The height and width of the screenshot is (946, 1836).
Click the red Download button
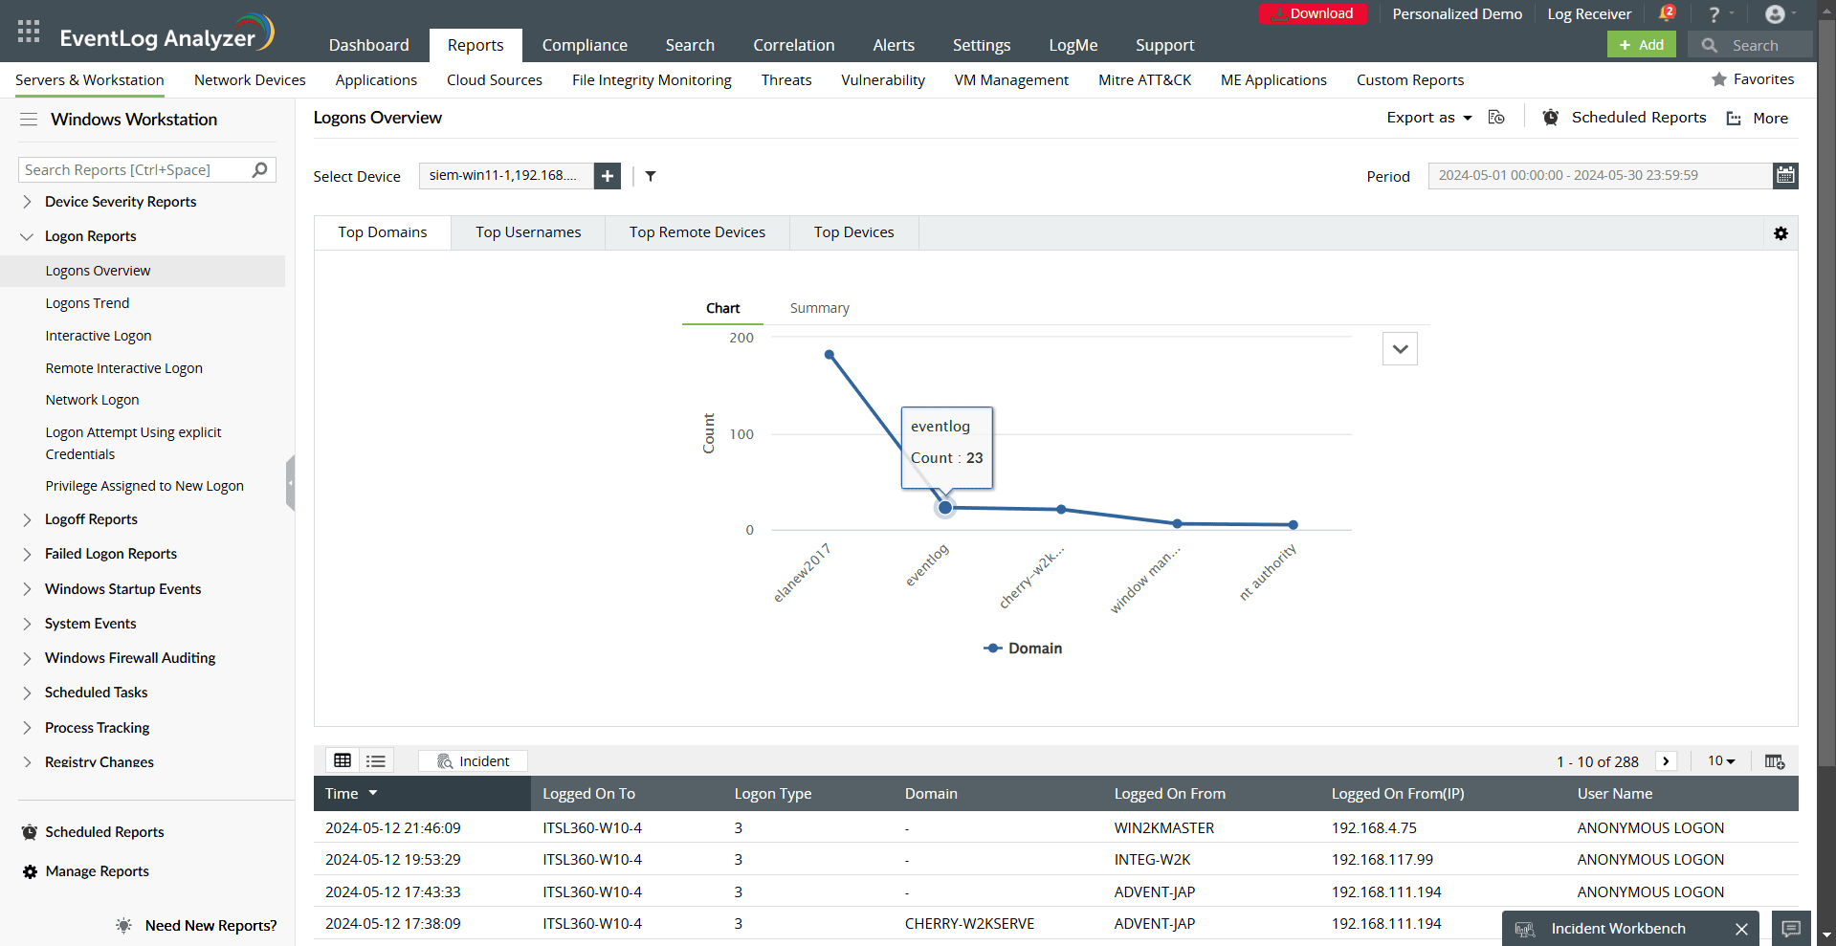1313,13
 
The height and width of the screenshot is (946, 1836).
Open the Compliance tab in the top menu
585,45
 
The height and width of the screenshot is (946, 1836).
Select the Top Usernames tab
528,232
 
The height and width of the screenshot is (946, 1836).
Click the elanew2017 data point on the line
830,355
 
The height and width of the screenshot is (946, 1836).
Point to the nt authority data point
1294,525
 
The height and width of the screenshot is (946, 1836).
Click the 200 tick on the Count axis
741,338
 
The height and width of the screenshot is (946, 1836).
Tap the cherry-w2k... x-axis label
1031,578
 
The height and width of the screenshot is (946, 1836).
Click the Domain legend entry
1023,649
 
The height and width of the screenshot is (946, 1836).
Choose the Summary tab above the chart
819,308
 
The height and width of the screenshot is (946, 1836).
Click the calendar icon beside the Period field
1785,175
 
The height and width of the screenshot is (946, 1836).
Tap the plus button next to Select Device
608,176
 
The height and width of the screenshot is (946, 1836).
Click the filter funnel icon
651,176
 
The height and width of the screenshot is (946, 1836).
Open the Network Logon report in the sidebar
92,400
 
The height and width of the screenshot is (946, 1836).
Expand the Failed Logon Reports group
111,554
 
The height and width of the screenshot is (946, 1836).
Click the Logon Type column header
773,794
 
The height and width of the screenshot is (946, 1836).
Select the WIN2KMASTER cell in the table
1164,828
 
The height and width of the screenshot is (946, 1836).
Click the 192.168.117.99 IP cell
1383,860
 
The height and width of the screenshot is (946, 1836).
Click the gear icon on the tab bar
1781,233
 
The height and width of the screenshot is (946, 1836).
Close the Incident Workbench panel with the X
1741,929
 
